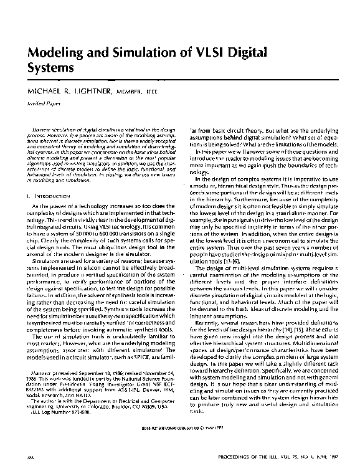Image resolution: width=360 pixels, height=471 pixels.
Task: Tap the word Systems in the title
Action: [50, 65]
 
